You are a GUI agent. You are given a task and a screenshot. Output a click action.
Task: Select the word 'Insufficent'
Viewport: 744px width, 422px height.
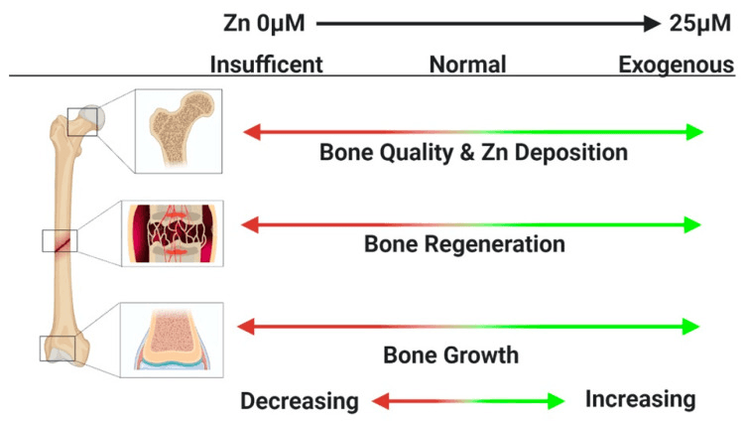pos(266,67)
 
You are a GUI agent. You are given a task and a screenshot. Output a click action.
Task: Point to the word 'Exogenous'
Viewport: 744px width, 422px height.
pos(676,67)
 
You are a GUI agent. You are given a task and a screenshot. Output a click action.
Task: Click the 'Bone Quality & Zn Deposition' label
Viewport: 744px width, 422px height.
pos(473,154)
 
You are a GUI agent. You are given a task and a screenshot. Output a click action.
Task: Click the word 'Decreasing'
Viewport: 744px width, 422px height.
pos(299,401)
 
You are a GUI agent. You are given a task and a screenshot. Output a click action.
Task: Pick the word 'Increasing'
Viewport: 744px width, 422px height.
pos(640,400)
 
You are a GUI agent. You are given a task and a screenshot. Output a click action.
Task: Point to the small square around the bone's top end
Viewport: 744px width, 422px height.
pos(83,121)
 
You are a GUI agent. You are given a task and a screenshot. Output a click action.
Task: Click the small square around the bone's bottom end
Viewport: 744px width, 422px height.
pos(57,349)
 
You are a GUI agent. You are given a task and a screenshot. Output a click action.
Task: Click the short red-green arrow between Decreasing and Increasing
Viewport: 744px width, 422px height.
pos(467,401)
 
